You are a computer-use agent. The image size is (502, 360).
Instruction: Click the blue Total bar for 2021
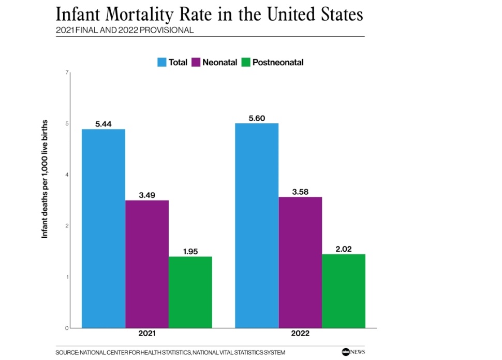104,228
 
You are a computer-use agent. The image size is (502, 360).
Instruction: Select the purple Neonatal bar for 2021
147,264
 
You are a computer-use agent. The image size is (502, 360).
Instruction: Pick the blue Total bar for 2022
257,225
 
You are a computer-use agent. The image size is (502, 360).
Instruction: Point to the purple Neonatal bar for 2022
300,262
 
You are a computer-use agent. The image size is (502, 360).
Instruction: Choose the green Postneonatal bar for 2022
344,291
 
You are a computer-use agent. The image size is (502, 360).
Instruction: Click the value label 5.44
104,124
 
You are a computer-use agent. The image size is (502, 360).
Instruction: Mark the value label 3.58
300,192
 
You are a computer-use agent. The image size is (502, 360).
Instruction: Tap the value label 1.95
190,252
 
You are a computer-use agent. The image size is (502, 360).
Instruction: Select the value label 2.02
344,249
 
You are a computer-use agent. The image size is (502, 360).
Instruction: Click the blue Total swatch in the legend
162,63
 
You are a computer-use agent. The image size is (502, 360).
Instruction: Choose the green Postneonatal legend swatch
246,63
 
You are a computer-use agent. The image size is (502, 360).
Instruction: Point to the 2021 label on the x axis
147,333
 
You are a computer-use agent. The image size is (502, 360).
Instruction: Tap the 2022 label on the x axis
300,333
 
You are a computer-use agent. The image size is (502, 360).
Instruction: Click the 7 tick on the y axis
67,73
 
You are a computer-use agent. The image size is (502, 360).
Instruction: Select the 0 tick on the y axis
67,328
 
